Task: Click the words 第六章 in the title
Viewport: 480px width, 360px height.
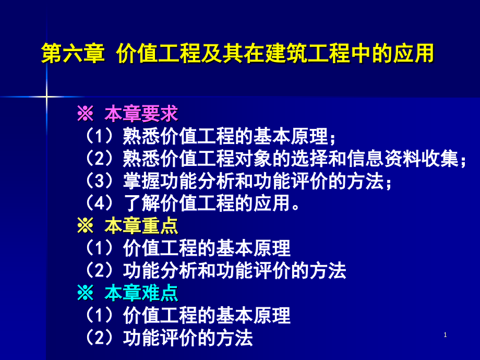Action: (x=74, y=54)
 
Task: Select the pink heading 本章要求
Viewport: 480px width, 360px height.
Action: (x=141, y=113)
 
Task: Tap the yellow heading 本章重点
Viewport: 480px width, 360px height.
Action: (x=141, y=226)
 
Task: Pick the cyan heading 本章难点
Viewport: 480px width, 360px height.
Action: (x=141, y=293)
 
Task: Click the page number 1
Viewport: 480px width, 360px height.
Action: (x=445, y=335)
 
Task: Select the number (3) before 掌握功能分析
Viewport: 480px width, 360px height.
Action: (x=100, y=181)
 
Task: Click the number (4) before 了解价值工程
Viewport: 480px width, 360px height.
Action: (x=100, y=203)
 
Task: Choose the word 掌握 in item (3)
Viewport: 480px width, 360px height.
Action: (x=136, y=181)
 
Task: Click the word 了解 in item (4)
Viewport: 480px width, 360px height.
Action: (x=136, y=203)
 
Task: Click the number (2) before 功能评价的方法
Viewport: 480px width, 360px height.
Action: (x=100, y=338)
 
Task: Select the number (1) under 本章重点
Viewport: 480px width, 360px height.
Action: (x=100, y=248)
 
